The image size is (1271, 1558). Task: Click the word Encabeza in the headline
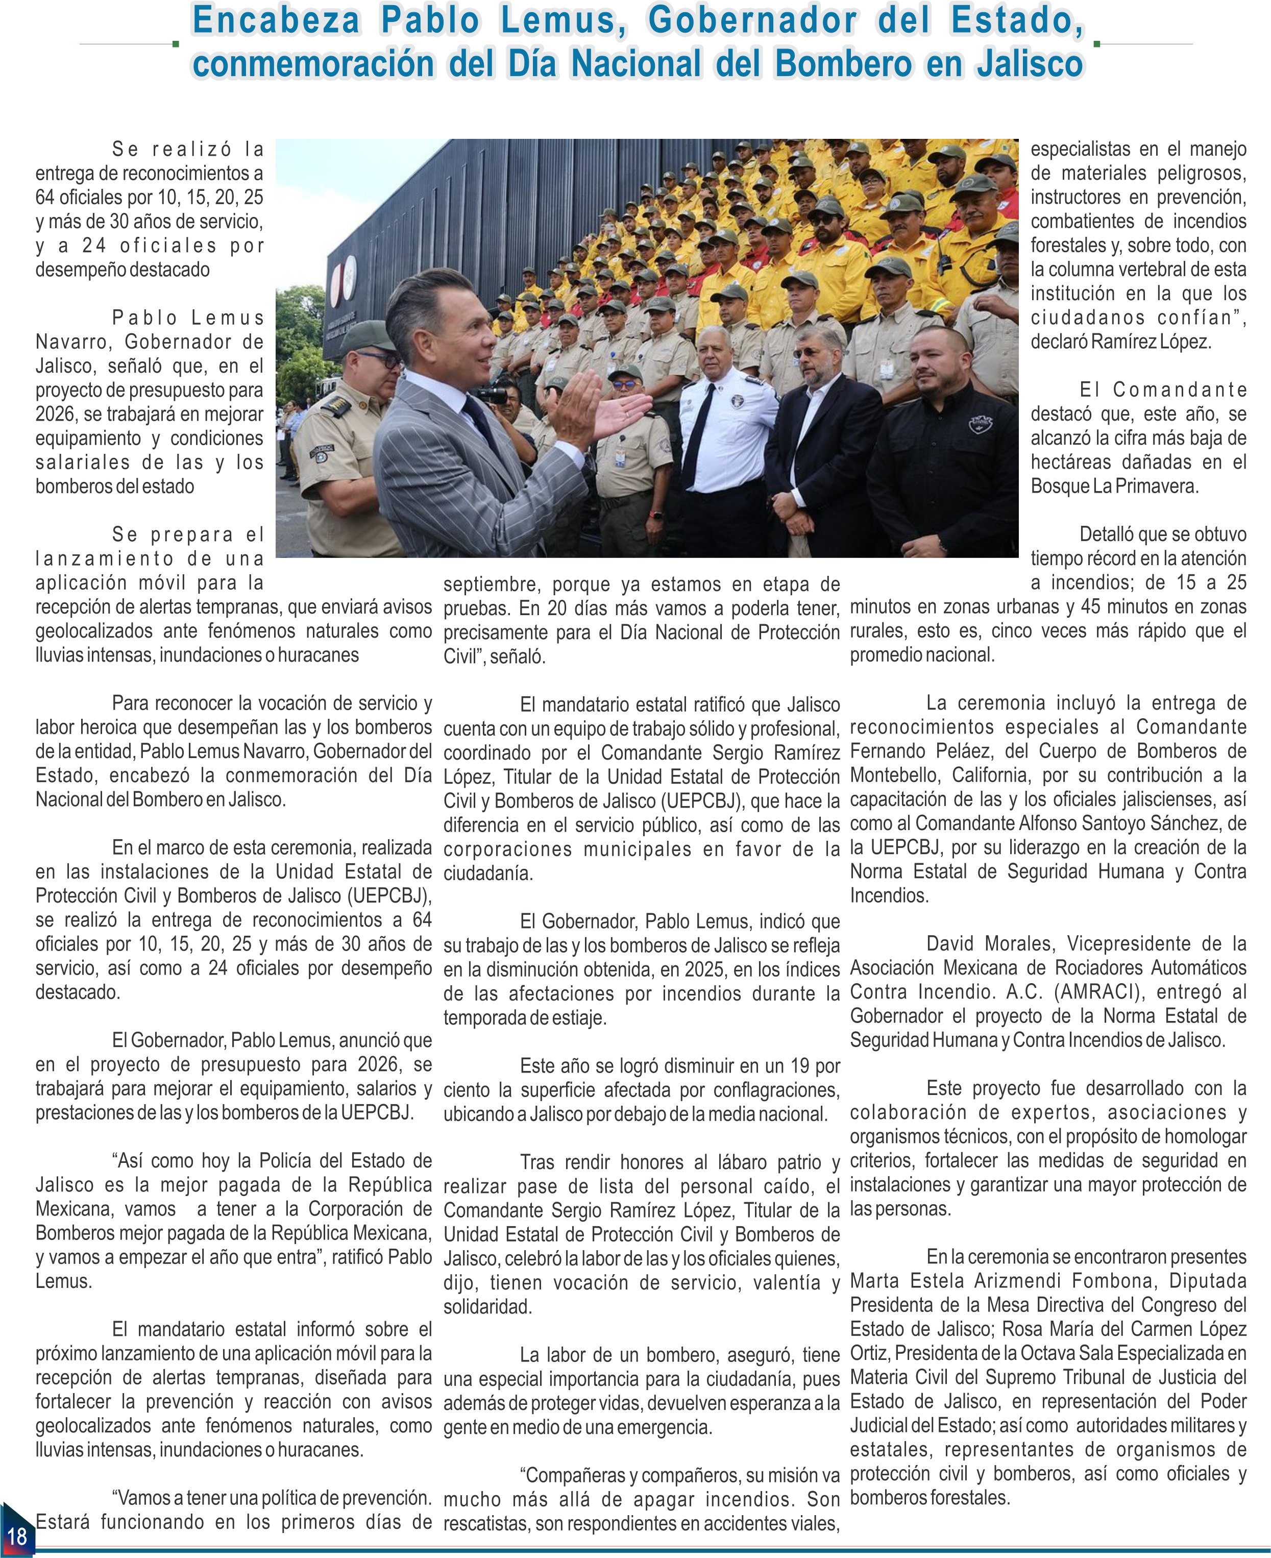[275, 20]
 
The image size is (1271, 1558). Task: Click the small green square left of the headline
[175, 44]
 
